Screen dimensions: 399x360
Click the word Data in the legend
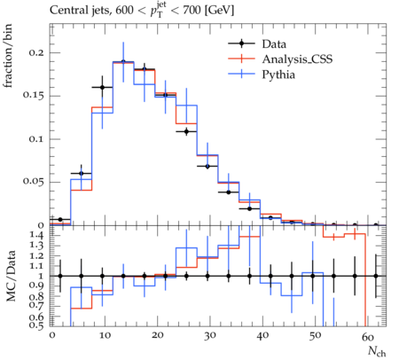point(274,44)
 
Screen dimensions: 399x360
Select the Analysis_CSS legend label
point(297,59)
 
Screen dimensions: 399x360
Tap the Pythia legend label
point(278,74)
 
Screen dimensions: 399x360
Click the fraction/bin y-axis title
point(8,56)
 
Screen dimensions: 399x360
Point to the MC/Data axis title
point(11,276)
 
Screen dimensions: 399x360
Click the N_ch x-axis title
point(377,351)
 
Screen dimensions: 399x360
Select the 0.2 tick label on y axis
point(36,52)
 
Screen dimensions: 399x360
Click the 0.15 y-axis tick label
point(34,96)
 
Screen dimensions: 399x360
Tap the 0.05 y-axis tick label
point(34,182)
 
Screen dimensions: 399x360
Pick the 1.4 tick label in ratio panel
point(37,236)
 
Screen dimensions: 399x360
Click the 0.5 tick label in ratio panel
point(37,325)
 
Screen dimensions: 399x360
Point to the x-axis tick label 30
point(210,335)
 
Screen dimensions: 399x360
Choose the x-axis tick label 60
point(368,336)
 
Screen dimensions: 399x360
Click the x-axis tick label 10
point(105,335)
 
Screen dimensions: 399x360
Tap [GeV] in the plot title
point(219,11)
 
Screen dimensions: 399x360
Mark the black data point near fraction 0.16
point(102,87)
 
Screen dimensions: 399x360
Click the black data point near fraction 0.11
point(186,131)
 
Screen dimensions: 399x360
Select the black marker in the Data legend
point(241,43)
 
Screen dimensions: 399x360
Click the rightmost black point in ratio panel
point(376,276)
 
